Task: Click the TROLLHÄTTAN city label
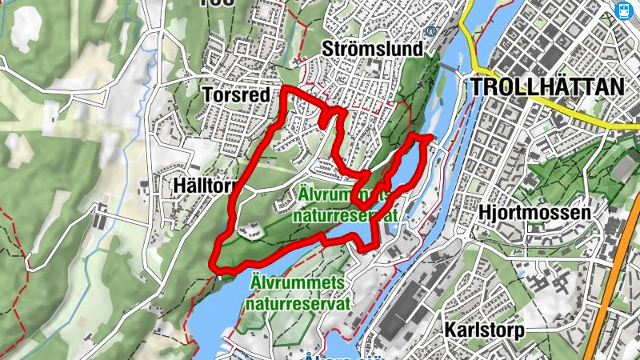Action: coord(548,86)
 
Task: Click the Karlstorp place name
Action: coord(486,330)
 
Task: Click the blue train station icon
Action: coord(624,10)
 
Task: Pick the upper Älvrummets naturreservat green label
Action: coord(346,204)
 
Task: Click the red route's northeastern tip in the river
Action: coord(428,138)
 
